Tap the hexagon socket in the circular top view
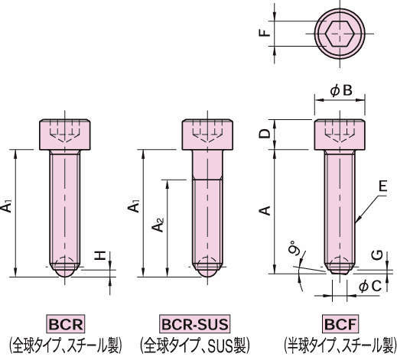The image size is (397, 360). (340, 34)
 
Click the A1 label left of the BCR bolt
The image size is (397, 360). (7, 206)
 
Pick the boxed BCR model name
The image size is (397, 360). (65, 322)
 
